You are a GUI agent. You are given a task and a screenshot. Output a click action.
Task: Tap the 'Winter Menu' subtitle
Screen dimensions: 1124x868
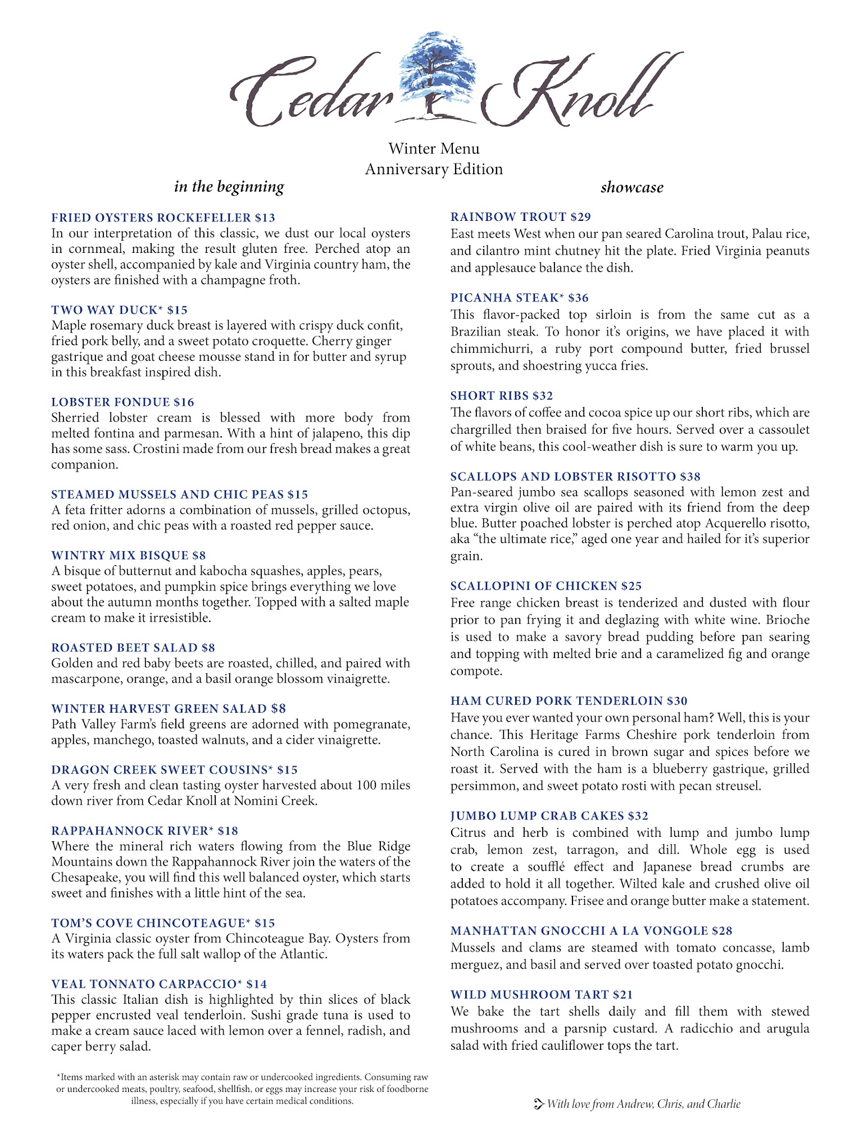click(x=434, y=149)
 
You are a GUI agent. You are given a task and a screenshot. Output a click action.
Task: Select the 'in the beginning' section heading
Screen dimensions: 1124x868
click(x=229, y=187)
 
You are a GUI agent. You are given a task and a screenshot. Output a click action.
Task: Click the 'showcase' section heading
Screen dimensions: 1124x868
click(x=631, y=187)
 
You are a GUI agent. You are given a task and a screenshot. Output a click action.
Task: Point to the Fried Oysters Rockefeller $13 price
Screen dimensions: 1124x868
click(x=265, y=217)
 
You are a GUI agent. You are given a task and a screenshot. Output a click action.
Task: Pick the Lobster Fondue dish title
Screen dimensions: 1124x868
click(x=110, y=402)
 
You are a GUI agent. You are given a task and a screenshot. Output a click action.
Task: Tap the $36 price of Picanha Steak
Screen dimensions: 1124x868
click(x=578, y=298)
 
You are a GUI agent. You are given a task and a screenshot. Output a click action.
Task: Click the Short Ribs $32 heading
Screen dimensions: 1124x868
click(x=501, y=396)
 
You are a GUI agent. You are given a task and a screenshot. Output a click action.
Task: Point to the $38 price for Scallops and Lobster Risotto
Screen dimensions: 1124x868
click(x=690, y=477)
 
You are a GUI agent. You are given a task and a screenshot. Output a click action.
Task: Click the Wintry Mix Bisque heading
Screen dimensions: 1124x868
click(x=120, y=555)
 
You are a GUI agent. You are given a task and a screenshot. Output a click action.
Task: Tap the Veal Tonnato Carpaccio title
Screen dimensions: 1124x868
click(x=144, y=984)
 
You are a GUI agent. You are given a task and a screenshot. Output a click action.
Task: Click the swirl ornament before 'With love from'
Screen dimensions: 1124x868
click(x=538, y=1104)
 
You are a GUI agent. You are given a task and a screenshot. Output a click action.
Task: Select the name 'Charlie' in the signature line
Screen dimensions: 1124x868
click(x=725, y=1104)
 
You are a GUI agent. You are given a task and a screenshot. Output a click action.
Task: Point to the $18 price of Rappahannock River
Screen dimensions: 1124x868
click(x=228, y=831)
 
